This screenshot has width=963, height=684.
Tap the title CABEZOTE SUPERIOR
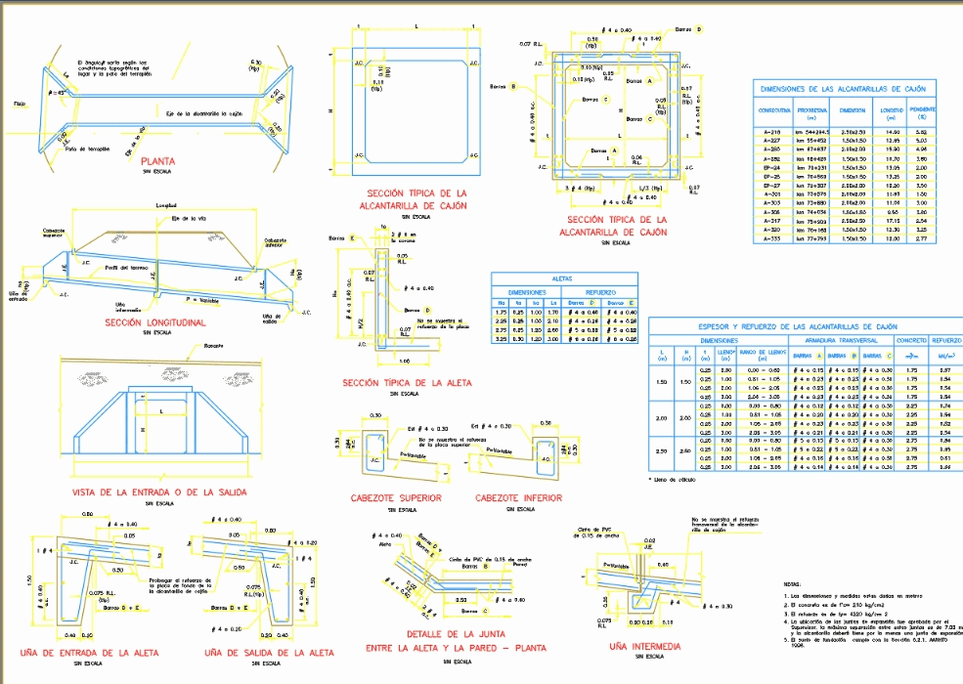point(396,498)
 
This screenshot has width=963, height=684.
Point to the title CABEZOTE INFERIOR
point(519,498)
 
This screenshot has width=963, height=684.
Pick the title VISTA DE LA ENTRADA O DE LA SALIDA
point(159,492)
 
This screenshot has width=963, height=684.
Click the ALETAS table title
point(562,278)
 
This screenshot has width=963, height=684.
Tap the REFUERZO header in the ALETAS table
point(598,291)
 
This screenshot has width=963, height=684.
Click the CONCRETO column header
point(911,340)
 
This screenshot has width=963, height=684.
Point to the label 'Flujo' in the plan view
point(20,102)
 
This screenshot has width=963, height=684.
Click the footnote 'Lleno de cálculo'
point(676,479)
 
